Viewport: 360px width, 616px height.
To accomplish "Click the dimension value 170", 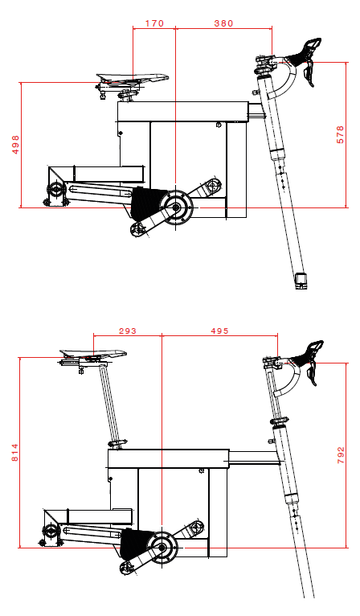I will click(153, 23).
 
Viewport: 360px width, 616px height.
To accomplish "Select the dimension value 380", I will click(223, 23).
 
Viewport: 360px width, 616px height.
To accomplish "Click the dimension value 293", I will click(128, 331).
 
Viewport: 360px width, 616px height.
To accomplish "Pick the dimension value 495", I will click(220, 331).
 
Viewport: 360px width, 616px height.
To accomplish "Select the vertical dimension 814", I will click(15, 453).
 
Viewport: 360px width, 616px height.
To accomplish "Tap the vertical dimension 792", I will click(341, 455).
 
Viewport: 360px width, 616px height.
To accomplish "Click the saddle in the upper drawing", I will click(133, 78).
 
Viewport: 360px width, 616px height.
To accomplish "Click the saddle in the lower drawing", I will click(93, 353).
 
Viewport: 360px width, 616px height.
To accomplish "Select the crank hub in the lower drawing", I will click(162, 548).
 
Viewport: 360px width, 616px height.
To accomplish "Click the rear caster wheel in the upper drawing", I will click(55, 190).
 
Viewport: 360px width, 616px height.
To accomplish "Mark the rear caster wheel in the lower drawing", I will click(51, 530).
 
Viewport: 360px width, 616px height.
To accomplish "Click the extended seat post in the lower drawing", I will click(110, 402).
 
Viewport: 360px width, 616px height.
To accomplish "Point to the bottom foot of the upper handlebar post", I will click(302, 279).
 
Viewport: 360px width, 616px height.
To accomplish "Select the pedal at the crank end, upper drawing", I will click(137, 230).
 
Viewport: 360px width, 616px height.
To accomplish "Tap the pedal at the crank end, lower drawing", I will click(125, 569).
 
